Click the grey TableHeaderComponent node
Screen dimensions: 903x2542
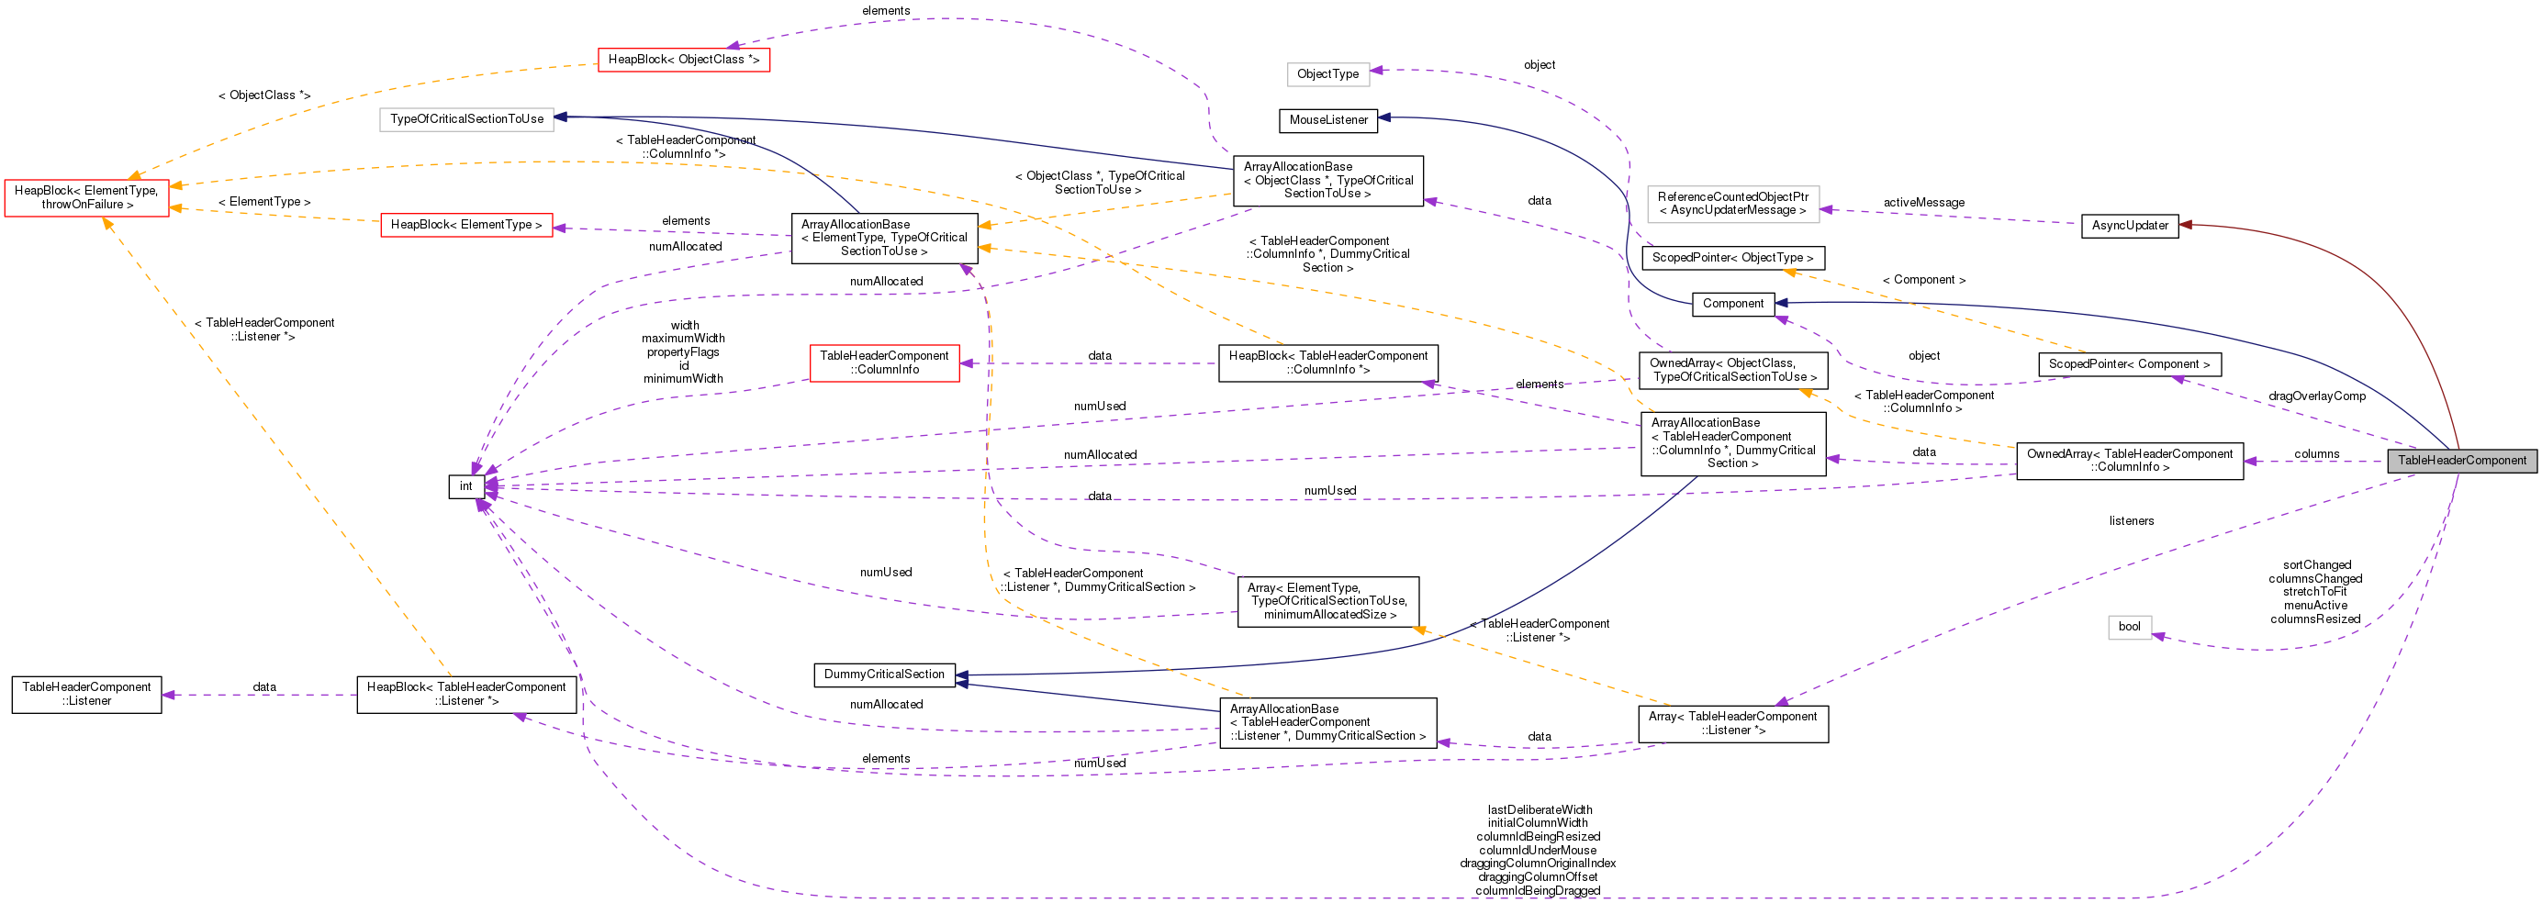click(2461, 461)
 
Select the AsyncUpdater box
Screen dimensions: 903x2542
click(2130, 226)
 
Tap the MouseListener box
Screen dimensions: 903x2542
click(1328, 120)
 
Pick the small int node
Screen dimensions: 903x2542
click(465, 486)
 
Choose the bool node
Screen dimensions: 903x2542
click(2130, 627)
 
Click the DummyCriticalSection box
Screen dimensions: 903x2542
click(884, 675)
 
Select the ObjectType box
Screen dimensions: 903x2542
click(1327, 74)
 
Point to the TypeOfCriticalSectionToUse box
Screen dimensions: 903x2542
click(465, 119)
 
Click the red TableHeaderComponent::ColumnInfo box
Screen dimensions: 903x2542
click(884, 363)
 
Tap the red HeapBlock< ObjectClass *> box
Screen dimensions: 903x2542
click(683, 61)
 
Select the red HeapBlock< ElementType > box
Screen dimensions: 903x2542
click(465, 225)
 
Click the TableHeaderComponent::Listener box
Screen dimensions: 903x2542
click(87, 694)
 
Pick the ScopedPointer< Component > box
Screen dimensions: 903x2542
click(2130, 364)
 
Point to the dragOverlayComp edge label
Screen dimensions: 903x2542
click(2316, 396)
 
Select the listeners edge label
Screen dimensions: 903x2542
click(2132, 521)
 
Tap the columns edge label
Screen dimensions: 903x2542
click(2316, 454)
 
